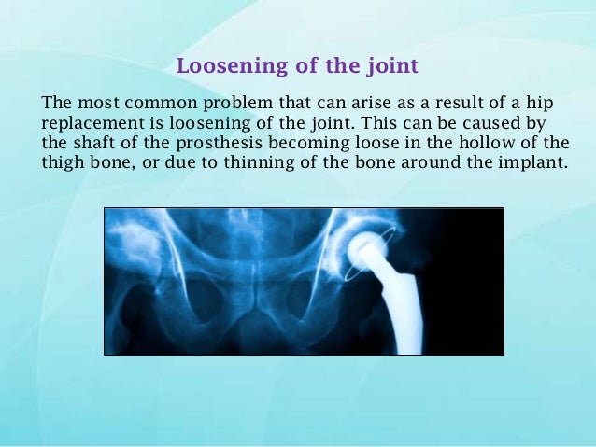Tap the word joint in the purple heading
391,67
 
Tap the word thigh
63,161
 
